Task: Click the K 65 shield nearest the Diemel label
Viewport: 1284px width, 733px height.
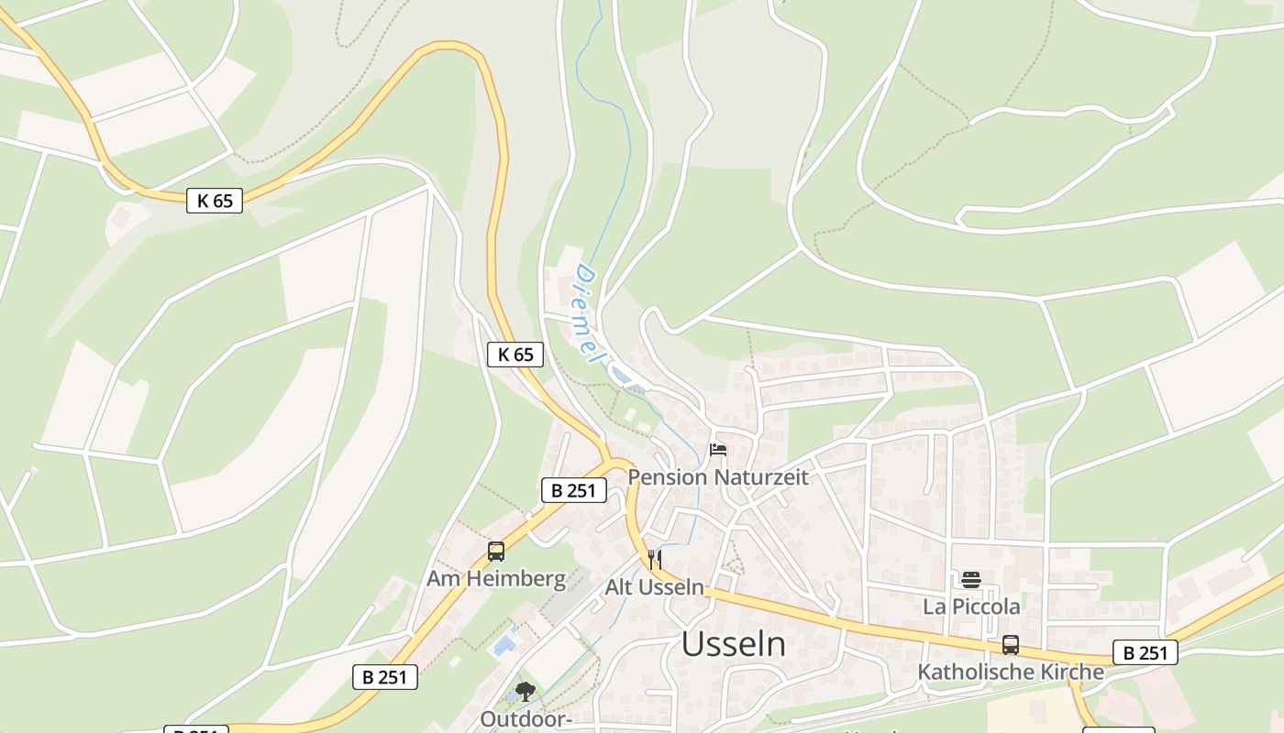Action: point(515,355)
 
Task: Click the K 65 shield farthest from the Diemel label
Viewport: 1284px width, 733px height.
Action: point(215,201)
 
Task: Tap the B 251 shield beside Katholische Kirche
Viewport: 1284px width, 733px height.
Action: point(1146,652)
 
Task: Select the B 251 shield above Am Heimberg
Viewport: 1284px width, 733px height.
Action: point(574,490)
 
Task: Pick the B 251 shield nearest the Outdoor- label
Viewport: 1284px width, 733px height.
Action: point(385,677)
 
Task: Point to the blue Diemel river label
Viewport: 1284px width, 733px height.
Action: point(587,313)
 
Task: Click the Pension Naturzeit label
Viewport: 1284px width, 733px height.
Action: point(718,477)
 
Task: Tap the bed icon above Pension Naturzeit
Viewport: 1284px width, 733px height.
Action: point(718,450)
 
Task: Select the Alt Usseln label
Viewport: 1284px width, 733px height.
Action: point(654,587)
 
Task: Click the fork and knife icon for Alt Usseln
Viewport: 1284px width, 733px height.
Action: point(654,559)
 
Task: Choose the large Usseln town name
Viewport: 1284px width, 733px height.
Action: point(733,645)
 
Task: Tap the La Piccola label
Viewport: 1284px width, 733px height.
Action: point(971,607)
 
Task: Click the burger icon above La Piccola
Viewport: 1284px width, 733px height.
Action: point(971,579)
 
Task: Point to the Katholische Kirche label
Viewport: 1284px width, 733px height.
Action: point(1011,672)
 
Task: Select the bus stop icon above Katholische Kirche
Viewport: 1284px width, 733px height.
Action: point(1011,644)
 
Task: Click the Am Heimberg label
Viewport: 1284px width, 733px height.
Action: point(496,579)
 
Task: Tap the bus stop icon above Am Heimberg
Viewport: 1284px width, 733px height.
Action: point(496,552)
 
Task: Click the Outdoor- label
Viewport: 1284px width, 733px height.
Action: point(526,719)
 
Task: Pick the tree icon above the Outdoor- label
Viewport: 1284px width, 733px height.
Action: point(526,692)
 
